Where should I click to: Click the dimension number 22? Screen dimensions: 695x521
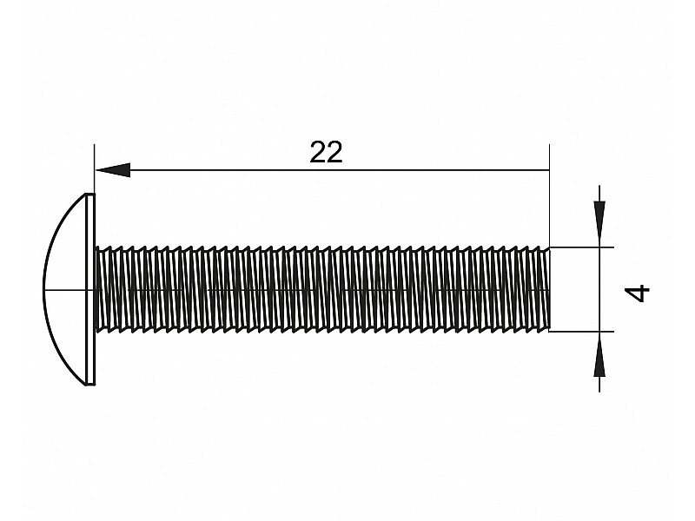click(327, 153)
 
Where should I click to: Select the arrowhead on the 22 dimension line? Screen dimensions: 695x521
click(113, 170)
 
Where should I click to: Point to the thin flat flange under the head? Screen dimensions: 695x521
click(91, 289)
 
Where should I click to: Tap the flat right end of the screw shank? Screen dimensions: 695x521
click(550, 289)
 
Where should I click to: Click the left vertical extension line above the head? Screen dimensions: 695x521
click(95, 168)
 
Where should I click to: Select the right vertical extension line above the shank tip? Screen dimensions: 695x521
click(550, 195)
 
